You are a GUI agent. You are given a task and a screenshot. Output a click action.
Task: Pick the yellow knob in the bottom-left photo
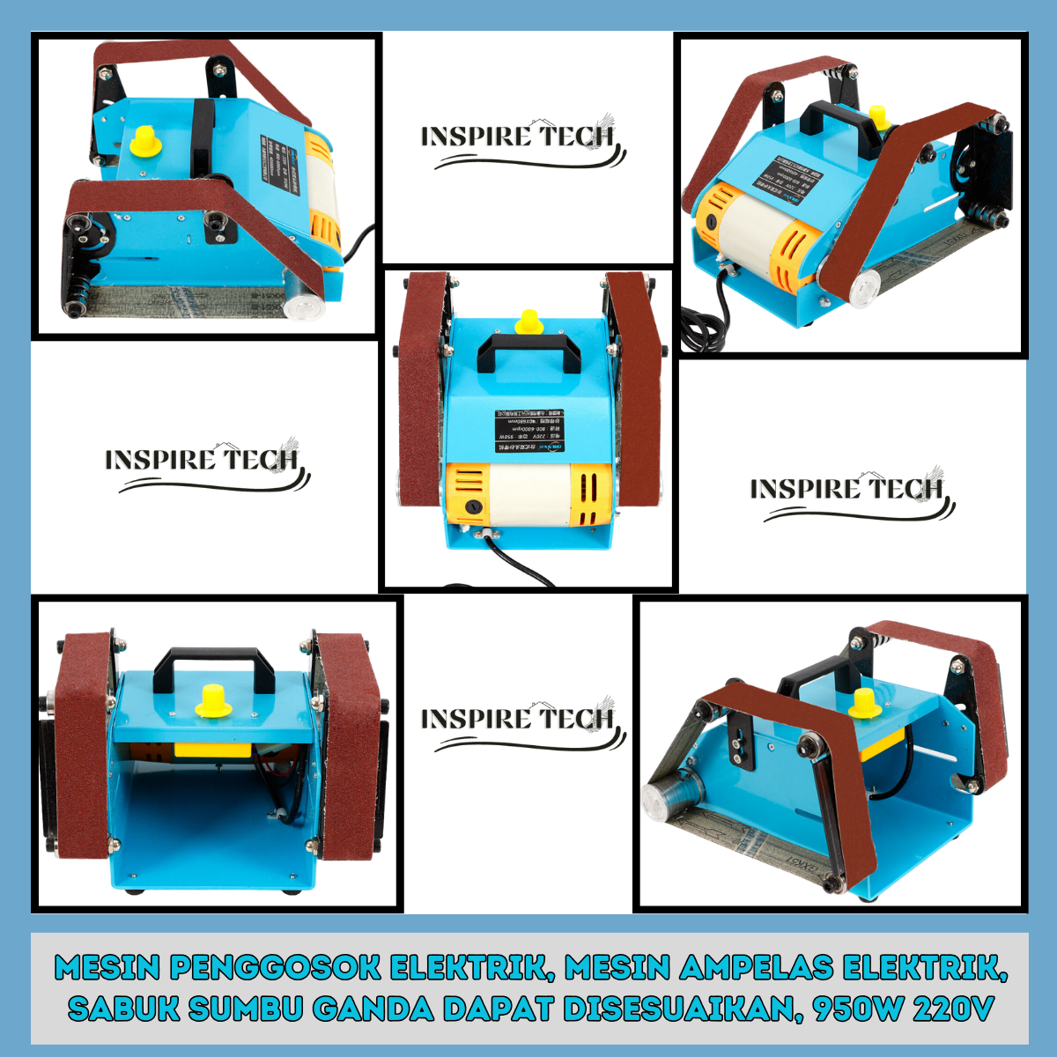[x=211, y=701]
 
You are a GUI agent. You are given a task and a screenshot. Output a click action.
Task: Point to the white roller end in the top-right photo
[x=862, y=286]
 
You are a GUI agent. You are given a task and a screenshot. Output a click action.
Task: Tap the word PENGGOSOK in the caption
[x=276, y=968]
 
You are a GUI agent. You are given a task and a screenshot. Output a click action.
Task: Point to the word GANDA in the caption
[x=373, y=1008]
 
